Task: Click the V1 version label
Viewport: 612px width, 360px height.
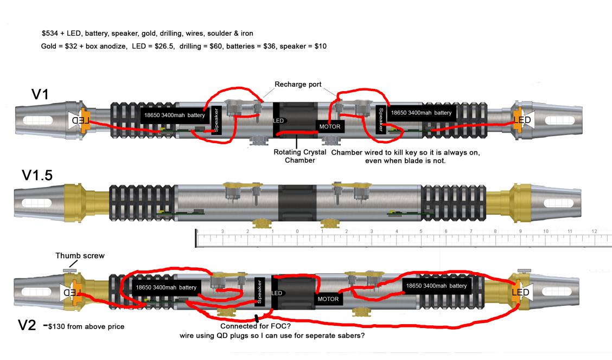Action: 40,94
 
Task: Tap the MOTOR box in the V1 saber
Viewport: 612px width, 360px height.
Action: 330,127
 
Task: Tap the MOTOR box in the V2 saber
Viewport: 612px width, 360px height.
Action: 328,299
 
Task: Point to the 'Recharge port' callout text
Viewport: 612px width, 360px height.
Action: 298,84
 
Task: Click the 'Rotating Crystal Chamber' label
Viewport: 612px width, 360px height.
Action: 299,156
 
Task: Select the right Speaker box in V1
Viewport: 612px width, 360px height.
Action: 380,119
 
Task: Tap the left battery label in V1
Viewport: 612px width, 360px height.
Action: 174,115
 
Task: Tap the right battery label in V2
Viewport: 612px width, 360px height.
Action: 435,286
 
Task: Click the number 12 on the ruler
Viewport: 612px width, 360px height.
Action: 594,232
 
